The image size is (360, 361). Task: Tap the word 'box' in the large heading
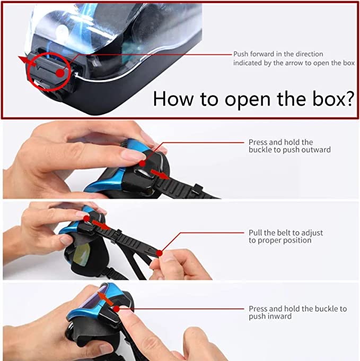pyautogui.click(x=327, y=98)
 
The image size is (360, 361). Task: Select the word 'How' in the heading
pyautogui.click(x=173, y=99)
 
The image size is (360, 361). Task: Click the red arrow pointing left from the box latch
pyautogui.click(x=27, y=61)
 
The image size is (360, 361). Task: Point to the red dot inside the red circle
pyautogui.click(x=60, y=73)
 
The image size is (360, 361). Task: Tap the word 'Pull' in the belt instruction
pyautogui.click(x=255, y=233)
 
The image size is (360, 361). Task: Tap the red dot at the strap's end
pyautogui.click(x=159, y=253)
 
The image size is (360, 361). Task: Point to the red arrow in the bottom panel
pyautogui.click(x=106, y=298)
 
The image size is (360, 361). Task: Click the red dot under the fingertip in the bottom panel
pyautogui.click(x=117, y=309)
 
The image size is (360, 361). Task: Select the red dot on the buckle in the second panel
pyautogui.click(x=142, y=164)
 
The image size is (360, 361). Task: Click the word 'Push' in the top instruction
pyautogui.click(x=241, y=54)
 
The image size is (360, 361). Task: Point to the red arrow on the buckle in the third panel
pyautogui.click(x=101, y=225)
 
